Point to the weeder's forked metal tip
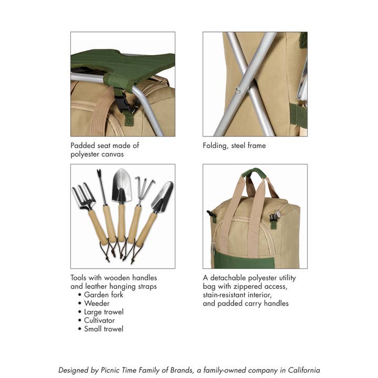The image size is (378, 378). pyautogui.click(x=99, y=175)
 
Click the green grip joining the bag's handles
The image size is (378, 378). pyautogui.click(x=255, y=173)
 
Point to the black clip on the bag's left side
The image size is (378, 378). pyautogui.click(x=211, y=215)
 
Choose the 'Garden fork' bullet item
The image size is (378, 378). pyautogui.click(x=103, y=295)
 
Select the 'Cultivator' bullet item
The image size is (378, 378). pyautogui.click(x=99, y=320)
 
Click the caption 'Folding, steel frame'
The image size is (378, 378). pyautogui.click(x=234, y=145)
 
